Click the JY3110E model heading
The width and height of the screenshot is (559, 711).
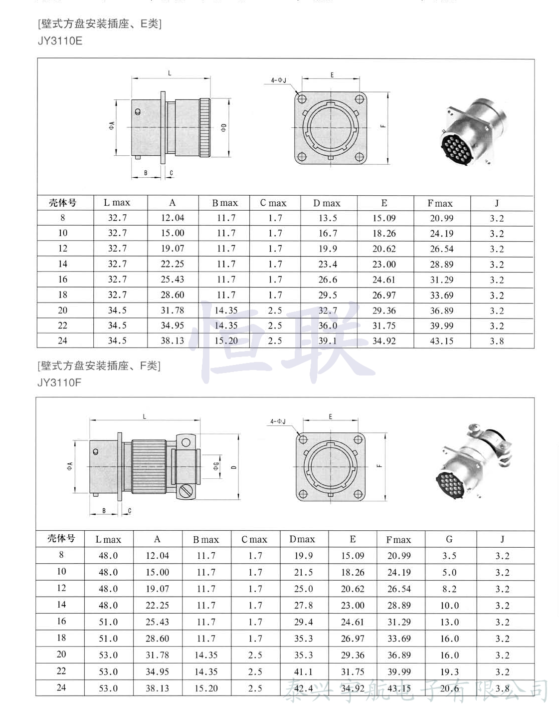click(60, 41)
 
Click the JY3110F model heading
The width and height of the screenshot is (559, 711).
click(59, 382)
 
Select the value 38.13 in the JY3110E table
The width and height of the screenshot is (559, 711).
click(172, 341)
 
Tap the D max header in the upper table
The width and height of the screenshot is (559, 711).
click(327, 203)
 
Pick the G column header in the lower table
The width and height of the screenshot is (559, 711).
click(449, 539)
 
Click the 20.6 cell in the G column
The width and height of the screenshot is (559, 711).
click(449, 688)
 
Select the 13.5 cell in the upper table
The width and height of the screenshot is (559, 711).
click(328, 218)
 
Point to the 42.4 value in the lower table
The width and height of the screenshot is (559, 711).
click(304, 688)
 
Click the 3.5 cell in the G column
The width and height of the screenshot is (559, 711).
click(449, 556)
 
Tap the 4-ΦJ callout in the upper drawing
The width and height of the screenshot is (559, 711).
click(279, 80)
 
